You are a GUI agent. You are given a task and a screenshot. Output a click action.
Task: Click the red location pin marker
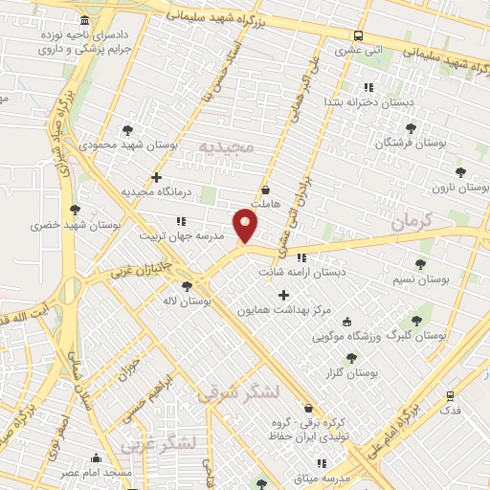(x=246, y=227)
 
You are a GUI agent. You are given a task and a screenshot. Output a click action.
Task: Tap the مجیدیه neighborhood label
(x=226, y=145)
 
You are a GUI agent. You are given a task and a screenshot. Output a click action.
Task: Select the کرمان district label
(x=412, y=221)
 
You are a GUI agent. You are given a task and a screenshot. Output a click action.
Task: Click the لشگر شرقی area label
(x=239, y=391)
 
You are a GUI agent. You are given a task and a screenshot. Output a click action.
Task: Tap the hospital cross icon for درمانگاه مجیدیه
(x=157, y=177)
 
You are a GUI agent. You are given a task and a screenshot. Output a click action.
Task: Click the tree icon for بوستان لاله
(x=187, y=285)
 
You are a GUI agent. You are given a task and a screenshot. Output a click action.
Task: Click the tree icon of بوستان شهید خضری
(x=75, y=210)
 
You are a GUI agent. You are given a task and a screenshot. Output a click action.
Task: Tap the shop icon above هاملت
(x=265, y=189)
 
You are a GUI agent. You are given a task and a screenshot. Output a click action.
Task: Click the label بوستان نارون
(x=460, y=189)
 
